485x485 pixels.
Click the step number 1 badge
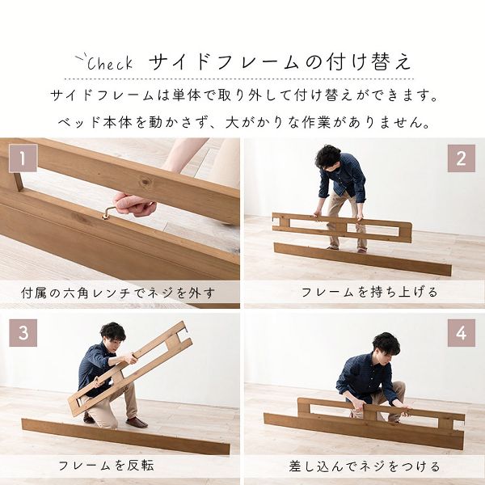pos(23,158)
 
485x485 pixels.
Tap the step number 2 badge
pos(462,158)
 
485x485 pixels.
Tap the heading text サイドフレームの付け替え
pos(280,62)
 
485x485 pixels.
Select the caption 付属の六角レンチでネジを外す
pos(120,292)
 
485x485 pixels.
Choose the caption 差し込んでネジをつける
pos(365,466)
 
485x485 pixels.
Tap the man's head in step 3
pos(113,333)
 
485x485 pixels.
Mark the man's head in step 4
pos(386,344)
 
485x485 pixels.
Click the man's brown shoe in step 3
pos(136,422)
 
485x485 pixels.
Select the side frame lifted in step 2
pos(341,227)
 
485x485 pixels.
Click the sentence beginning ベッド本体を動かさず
pos(242,124)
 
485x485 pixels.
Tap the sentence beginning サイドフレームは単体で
pos(242,96)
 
